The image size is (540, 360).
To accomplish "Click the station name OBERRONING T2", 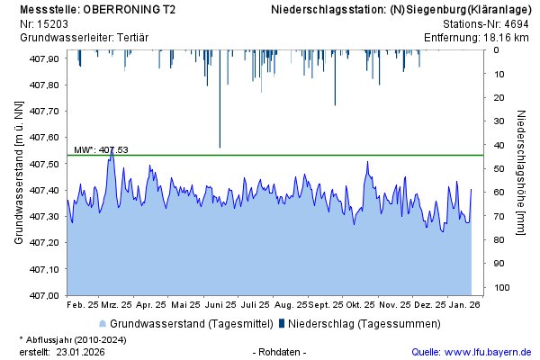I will point(126,10).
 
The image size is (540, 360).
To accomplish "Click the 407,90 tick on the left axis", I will point(45,58).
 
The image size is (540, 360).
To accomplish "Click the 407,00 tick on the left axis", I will point(45,295).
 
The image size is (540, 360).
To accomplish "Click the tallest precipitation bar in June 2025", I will point(220,99).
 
